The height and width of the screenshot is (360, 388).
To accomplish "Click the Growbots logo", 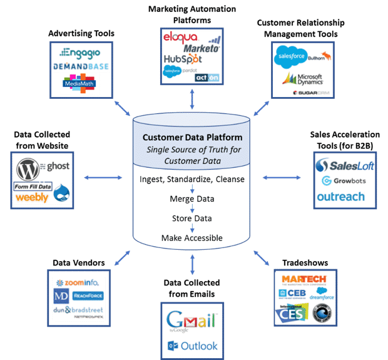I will click(344, 181).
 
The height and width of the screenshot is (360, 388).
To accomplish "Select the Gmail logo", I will click(191, 321).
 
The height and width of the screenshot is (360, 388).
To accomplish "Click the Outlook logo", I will click(192, 346).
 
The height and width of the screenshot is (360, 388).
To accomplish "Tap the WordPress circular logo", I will click(28, 168).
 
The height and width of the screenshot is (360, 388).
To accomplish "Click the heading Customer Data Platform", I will click(193, 138).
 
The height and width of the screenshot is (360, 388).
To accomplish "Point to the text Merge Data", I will click(193, 199).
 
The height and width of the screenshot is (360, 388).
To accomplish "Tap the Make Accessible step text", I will click(192, 238).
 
